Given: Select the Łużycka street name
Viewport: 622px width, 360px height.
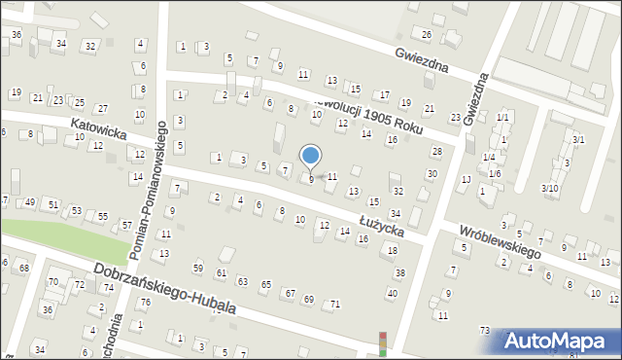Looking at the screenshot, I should coord(381,223).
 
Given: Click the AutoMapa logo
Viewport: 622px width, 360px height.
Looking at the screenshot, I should coord(560,342).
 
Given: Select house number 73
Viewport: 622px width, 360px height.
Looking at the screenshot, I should coord(484,331).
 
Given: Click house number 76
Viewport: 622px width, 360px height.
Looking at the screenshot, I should coord(145,302).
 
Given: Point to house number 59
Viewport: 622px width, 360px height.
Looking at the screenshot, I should coord(198,268).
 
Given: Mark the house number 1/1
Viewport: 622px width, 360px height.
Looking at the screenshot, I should coord(502,117).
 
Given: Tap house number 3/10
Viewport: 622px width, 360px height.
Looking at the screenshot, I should coord(550,188).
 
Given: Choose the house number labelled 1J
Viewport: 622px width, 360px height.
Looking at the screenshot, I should coord(466,179).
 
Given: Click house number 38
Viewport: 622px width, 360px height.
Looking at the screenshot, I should coord(399,272).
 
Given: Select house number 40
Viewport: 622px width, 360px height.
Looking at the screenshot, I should coord(392,293).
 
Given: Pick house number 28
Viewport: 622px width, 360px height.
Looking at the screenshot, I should coord(436,151).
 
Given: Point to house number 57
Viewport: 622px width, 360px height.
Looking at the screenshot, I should coord(126,226).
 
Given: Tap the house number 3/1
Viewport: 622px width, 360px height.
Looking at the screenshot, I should coord(578,140).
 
